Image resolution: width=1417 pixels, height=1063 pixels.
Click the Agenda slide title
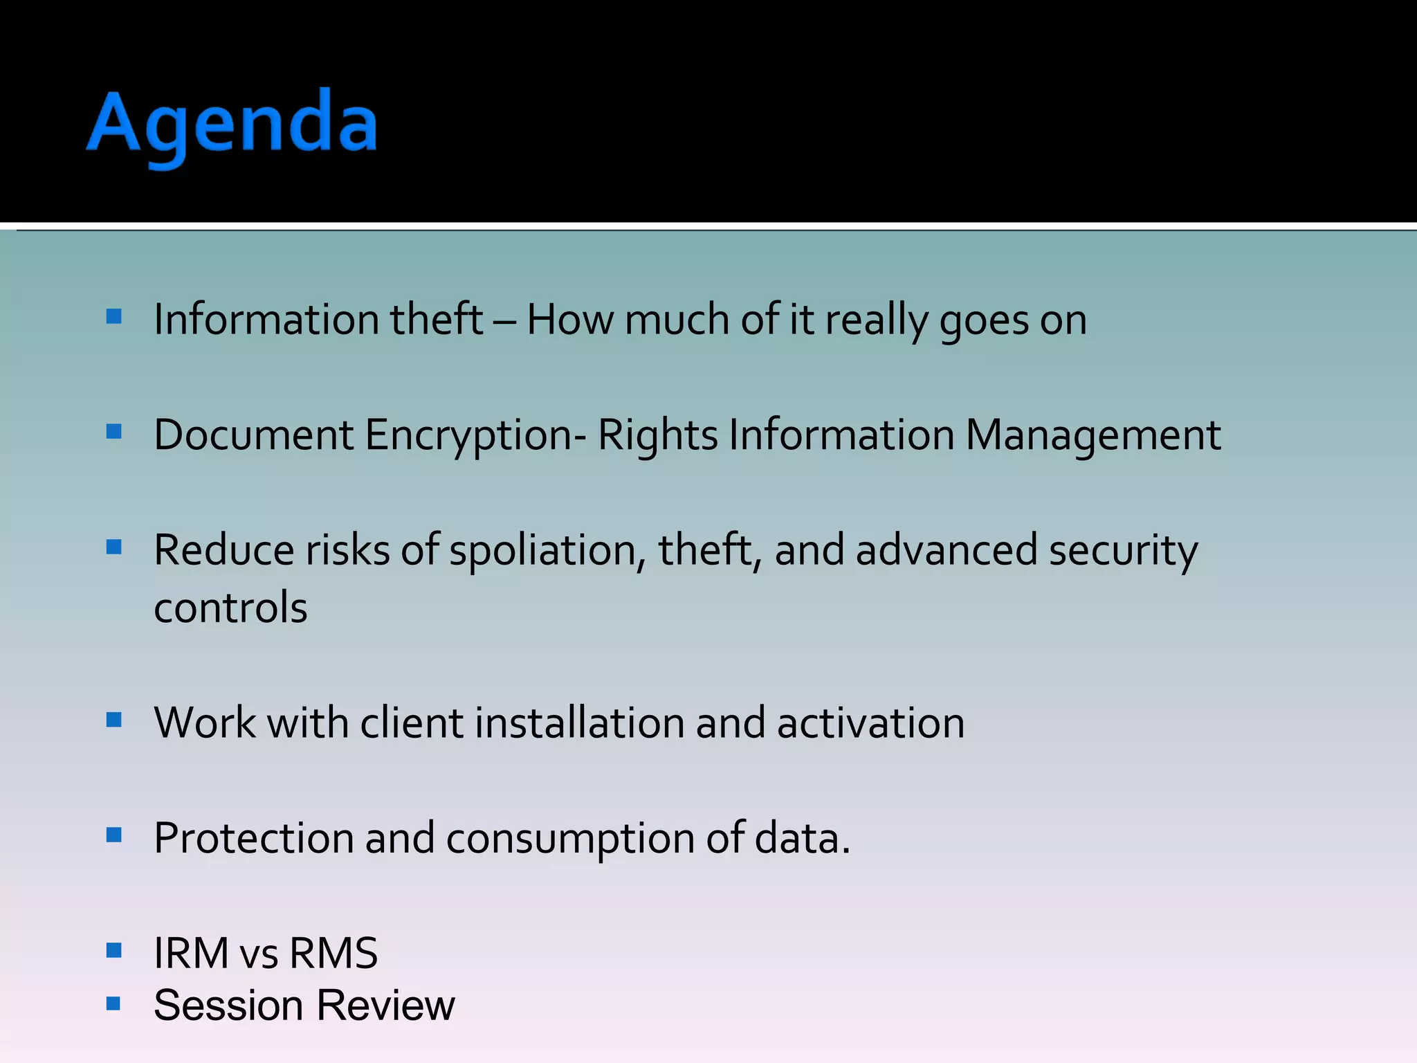[x=232, y=125]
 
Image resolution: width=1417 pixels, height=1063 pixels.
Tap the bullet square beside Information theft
[x=114, y=317]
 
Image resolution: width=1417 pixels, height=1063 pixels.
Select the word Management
[x=1093, y=436]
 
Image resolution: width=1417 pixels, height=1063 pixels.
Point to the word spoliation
[x=542, y=551]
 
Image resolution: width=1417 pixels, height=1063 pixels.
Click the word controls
[x=230, y=608]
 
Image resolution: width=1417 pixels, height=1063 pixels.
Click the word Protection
[x=253, y=839]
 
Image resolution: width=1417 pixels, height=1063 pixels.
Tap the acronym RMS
[x=333, y=953]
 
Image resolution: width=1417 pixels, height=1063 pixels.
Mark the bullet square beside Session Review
[x=114, y=1003]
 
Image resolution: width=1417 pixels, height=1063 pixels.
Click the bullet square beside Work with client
[x=114, y=720]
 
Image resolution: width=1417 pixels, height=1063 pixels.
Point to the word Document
[x=253, y=436]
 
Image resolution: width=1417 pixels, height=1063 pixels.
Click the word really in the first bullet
[x=876, y=320]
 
